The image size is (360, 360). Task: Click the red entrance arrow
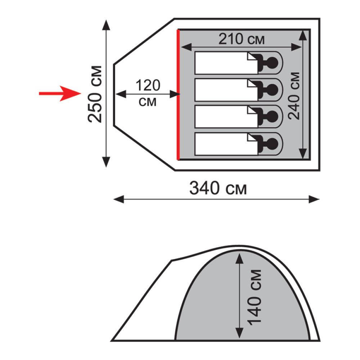60,94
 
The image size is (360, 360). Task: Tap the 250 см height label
95,94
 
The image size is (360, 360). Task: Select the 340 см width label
218,188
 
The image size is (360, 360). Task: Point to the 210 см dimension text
241,39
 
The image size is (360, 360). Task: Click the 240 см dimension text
294,96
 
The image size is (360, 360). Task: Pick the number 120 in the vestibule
148,85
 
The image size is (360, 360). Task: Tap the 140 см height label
254,297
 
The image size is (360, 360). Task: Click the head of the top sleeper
273,63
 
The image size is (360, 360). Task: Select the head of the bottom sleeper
273,144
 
